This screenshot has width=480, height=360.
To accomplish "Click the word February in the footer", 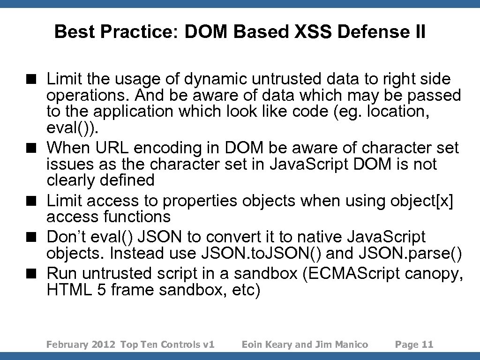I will click(x=67, y=345).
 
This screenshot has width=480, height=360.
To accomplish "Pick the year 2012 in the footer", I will click(x=104, y=345).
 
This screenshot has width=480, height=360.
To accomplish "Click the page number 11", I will click(x=427, y=345).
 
